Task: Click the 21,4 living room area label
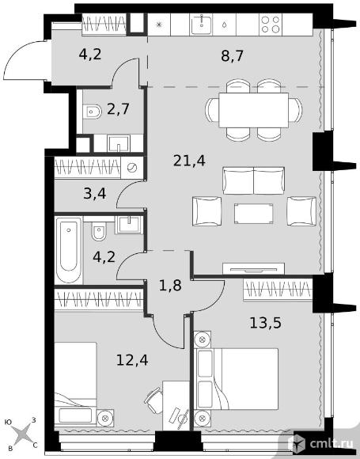pos(189,161)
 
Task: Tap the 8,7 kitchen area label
pos(233,55)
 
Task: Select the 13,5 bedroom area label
pos(266,323)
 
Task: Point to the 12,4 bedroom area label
pos(132,360)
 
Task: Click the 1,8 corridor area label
pos(170,286)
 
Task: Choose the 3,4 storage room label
pos(94,194)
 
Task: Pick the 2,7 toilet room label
pos(118,109)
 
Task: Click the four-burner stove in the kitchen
pos(271,25)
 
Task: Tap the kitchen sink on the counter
pos(202,25)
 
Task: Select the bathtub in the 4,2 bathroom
pos(69,250)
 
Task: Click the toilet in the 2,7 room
pos(92,112)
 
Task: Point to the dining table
pos(253,110)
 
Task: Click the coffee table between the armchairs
pos(253,214)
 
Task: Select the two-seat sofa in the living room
pos(253,180)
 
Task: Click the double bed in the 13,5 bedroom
pos(236,379)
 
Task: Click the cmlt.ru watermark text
pos(332,444)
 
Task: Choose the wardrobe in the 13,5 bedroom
pos(278,289)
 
